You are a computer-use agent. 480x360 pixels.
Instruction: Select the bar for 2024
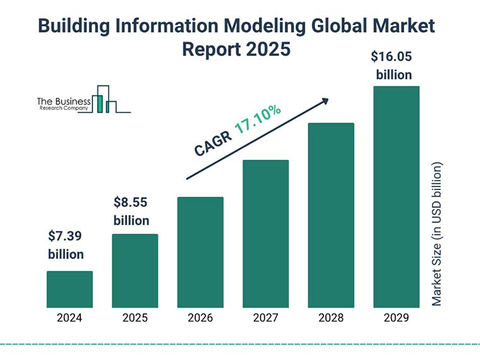click(x=69, y=289)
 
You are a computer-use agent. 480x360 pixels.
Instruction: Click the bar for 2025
click(x=135, y=271)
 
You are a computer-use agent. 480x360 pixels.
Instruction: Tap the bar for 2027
click(x=265, y=234)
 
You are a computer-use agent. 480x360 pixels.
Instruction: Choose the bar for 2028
click(x=331, y=215)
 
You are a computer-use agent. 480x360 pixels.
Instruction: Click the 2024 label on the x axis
click(x=69, y=318)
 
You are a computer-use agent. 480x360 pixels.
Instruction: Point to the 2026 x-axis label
click(x=200, y=318)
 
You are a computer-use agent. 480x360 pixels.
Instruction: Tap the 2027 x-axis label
click(x=265, y=318)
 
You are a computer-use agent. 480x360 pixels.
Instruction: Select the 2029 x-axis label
click(x=396, y=318)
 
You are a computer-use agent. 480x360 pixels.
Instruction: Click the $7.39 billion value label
click(x=66, y=245)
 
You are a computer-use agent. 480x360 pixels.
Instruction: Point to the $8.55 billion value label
click(x=131, y=212)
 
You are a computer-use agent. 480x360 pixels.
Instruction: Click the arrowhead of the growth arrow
click(x=325, y=100)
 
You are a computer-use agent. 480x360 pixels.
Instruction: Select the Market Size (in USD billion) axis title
click(x=437, y=234)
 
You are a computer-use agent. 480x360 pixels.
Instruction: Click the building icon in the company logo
click(x=105, y=100)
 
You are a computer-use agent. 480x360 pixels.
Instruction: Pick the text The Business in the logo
click(x=64, y=101)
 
